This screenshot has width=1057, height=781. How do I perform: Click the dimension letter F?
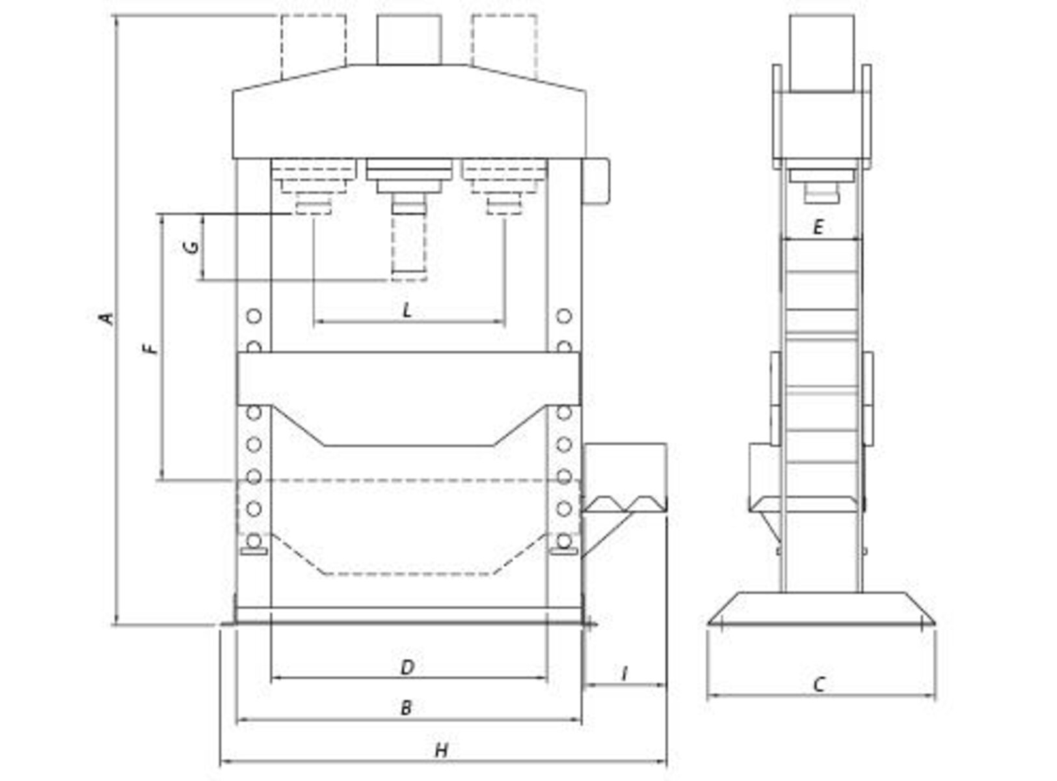coord(151,348)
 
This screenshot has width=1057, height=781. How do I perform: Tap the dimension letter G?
coord(191,247)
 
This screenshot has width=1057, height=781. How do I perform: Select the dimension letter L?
coord(407,310)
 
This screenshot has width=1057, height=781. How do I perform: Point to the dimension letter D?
coord(407,668)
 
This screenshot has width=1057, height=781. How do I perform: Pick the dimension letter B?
coord(406,708)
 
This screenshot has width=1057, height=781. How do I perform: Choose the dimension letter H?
coord(442,750)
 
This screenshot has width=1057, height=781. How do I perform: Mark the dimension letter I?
coord(624,674)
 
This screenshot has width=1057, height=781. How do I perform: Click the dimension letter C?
coord(819,685)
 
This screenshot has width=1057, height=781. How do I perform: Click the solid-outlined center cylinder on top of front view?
coord(409,40)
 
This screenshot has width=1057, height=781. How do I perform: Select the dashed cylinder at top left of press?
coord(314,47)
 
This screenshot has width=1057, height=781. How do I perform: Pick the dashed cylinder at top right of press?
coord(505,47)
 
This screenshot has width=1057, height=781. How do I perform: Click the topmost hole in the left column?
coord(254,316)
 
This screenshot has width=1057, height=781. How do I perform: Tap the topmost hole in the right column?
coord(564,316)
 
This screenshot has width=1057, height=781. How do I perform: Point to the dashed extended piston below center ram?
coord(409,248)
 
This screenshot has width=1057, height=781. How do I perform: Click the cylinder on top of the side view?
coord(822,53)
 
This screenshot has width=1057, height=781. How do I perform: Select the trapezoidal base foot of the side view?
coord(822,609)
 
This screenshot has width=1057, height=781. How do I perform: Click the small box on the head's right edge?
coord(596,182)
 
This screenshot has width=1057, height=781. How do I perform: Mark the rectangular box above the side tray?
coord(625,471)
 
